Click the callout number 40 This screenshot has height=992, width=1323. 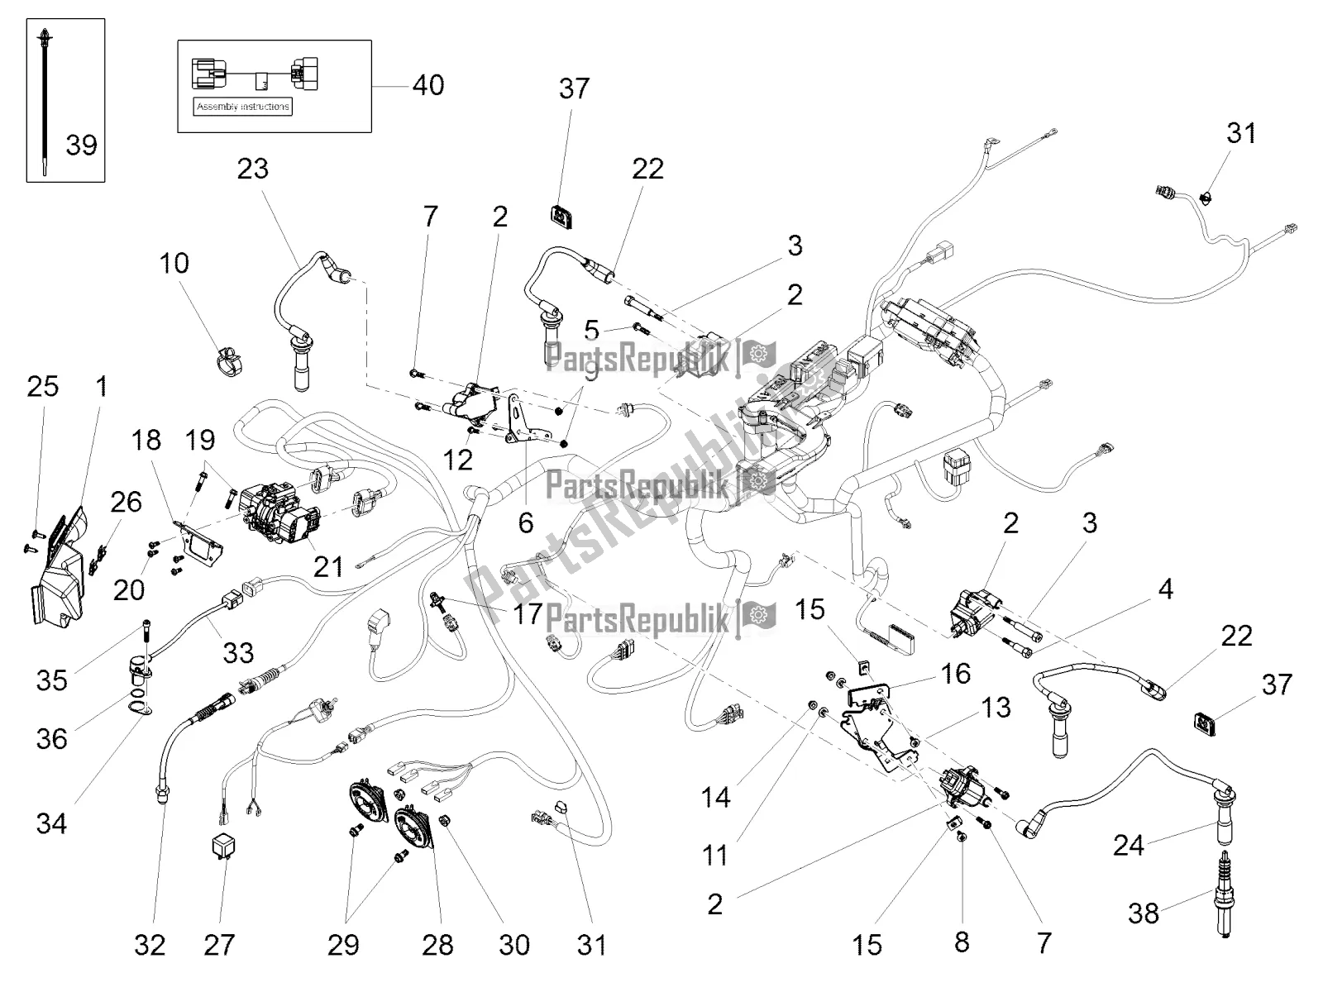pyautogui.click(x=427, y=84)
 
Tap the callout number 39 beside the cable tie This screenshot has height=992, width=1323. pyautogui.click(x=81, y=145)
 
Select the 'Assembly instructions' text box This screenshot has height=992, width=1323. pyautogui.click(x=243, y=107)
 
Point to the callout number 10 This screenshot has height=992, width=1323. pyautogui.click(x=174, y=263)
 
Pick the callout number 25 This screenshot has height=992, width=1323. pyautogui.click(x=43, y=385)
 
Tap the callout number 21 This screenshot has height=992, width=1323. pyautogui.click(x=327, y=565)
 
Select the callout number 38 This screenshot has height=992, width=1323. pyautogui.click(x=1144, y=913)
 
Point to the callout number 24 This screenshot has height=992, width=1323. pyautogui.click(x=1128, y=845)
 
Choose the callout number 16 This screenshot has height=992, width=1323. pyautogui.click(x=955, y=674)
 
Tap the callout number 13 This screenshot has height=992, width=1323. pyautogui.click(x=996, y=707)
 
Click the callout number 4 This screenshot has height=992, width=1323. pyautogui.click(x=1165, y=589)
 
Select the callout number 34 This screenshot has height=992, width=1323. pyautogui.click(x=51, y=823)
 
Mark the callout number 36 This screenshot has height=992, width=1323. pyautogui.click(x=51, y=738)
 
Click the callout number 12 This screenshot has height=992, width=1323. pyautogui.click(x=457, y=460)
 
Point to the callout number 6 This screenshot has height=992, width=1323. pyautogui.click(x=526, y=522)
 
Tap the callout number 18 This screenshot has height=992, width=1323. pyautogui.click(x=147, y=440)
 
